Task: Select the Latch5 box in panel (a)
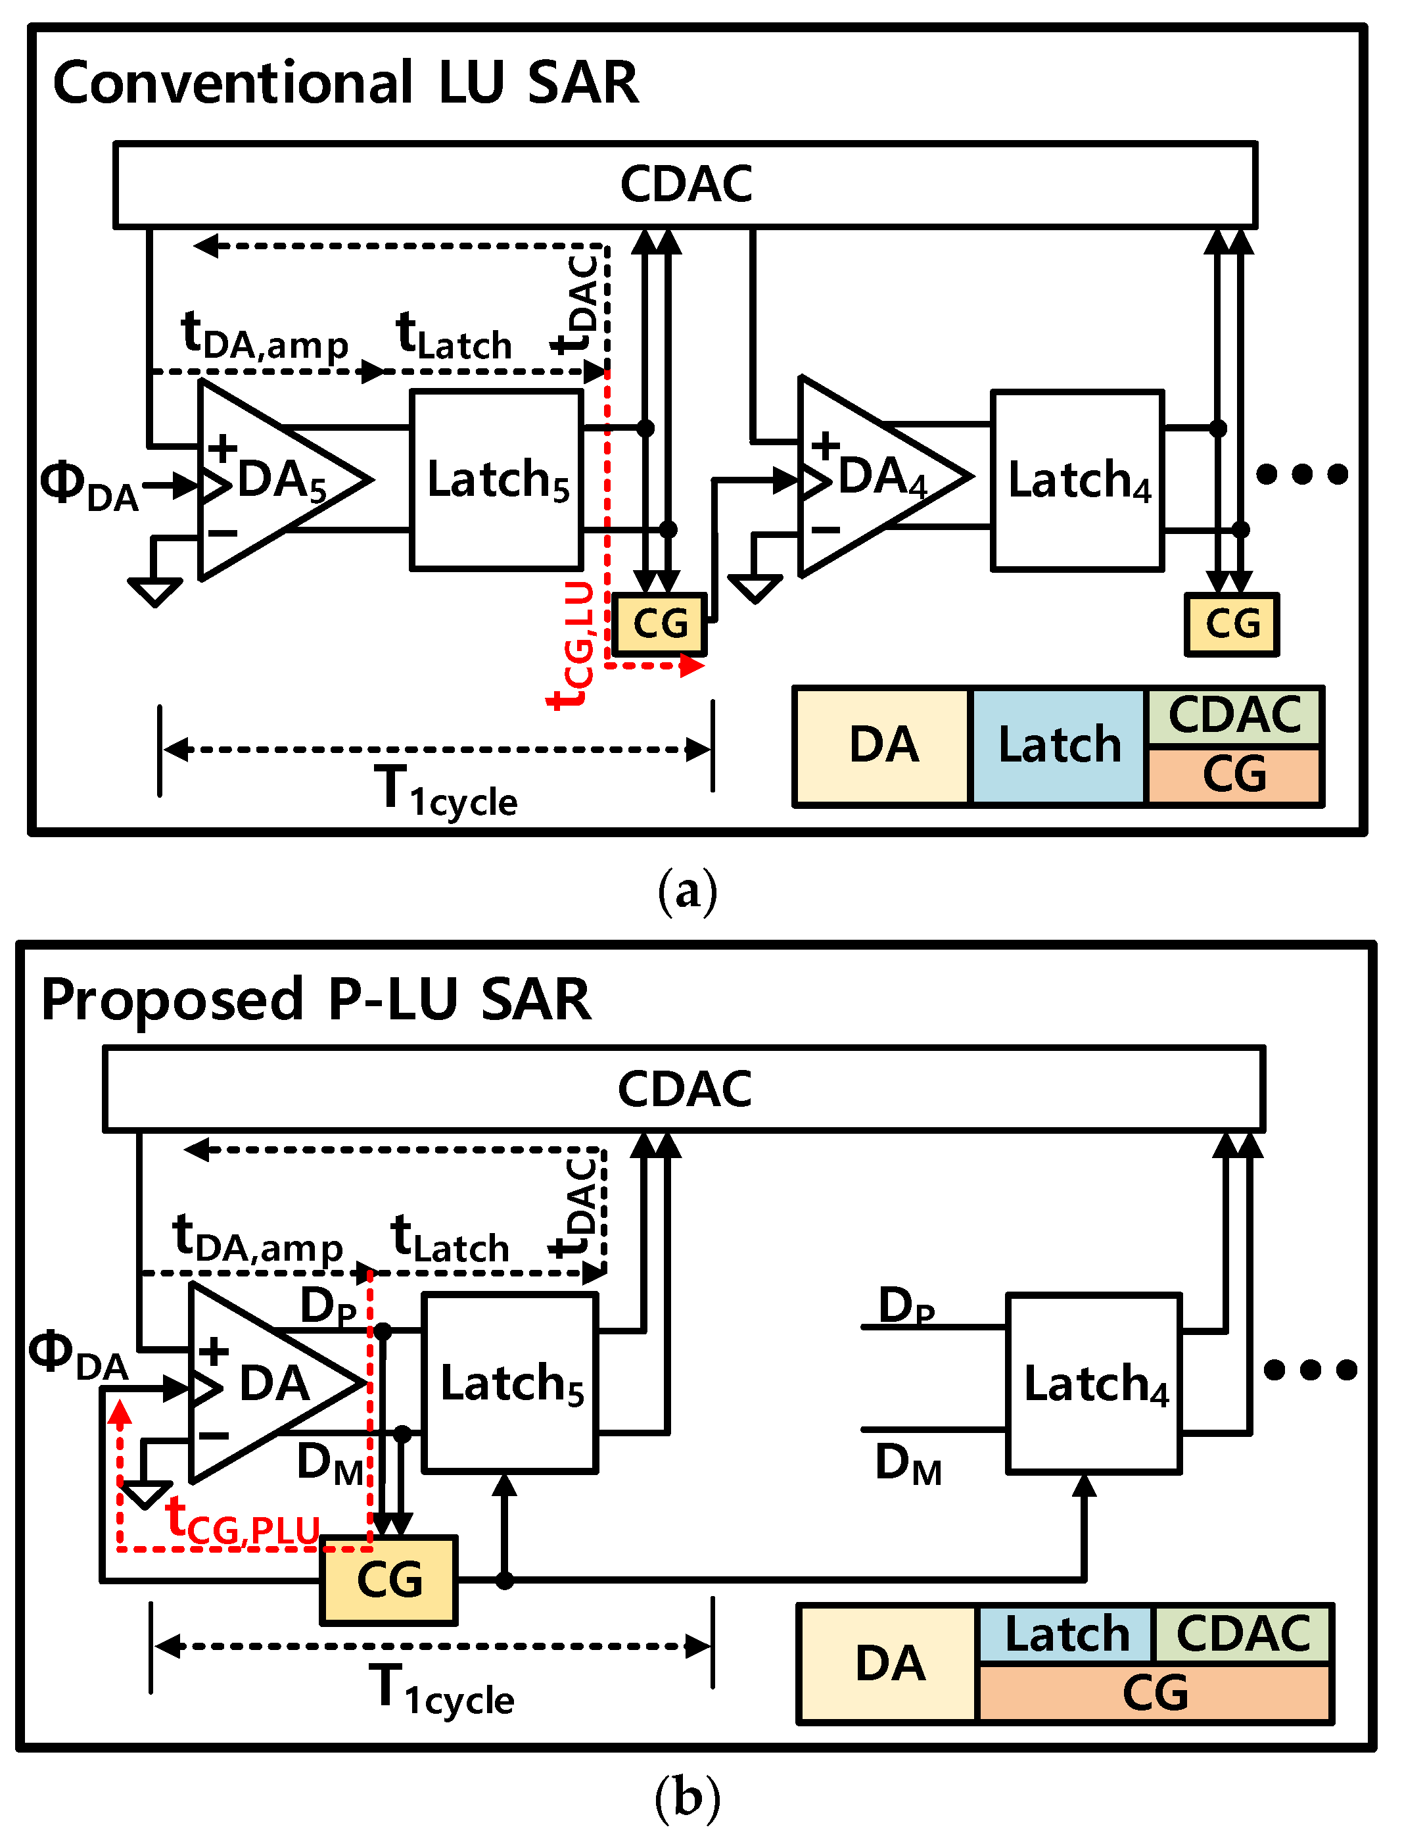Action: coord(496,480)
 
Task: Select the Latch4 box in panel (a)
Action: coord(1077,480)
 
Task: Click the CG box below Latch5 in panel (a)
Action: coord(659,624)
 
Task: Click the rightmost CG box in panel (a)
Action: coord(1232,624)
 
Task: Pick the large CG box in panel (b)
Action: coord(389,1580)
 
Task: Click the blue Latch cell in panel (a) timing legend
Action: coord(1058,746)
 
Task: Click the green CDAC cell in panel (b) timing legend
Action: coord(1242,1634)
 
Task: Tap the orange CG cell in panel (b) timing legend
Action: coord(1155,1692)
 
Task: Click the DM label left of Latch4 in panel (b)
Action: coord(908,1466)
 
